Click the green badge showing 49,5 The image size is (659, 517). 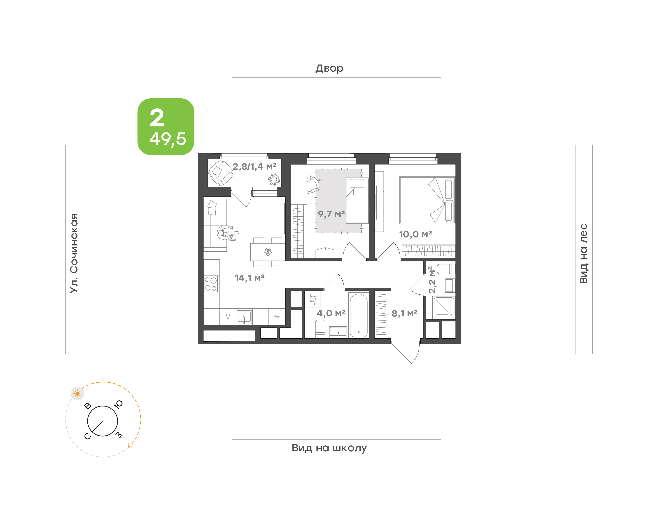(166, 127)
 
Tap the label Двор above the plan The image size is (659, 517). (329, 68)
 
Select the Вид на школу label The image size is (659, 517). (329, 448)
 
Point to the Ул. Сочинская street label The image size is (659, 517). (74, 253)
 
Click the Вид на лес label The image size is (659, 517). (583, 253)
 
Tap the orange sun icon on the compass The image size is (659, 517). (78, 393)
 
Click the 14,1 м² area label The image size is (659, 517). (250, 278)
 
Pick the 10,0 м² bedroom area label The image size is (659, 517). (415, 234)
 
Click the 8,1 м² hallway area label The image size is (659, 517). (404, 313)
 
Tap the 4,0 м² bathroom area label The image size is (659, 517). (331, 313)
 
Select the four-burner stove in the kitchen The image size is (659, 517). (211, 284)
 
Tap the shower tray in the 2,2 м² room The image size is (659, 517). (444, 307)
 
